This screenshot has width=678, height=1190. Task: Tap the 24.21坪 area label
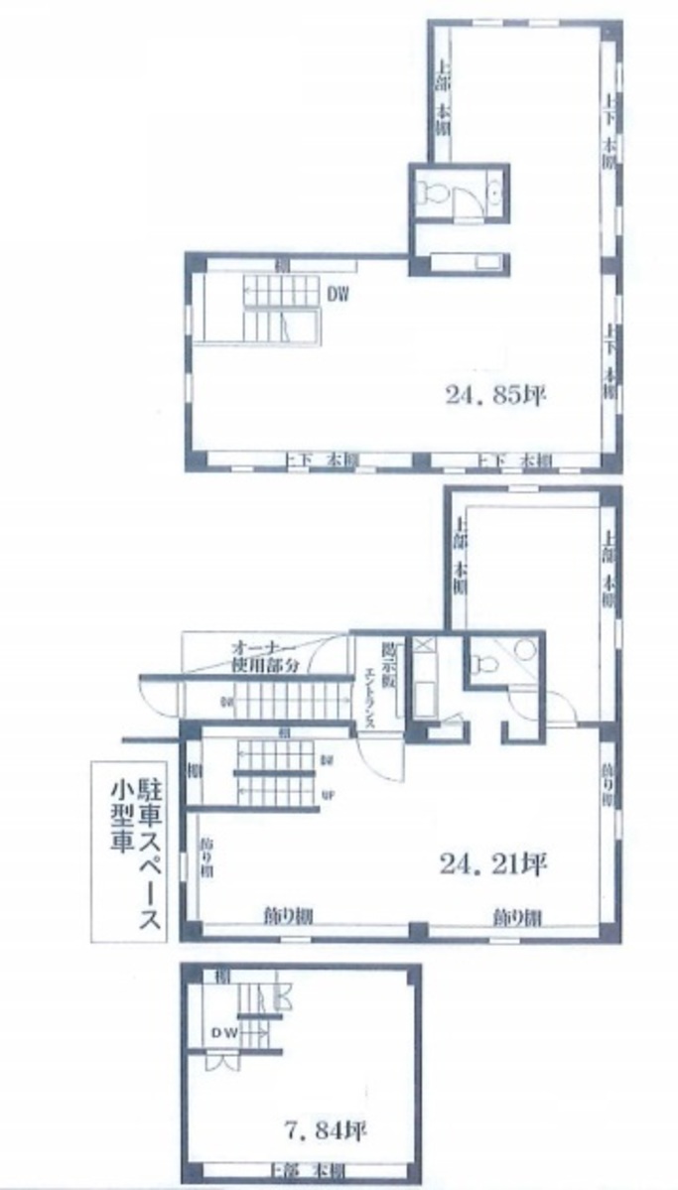click(x=493, y=863)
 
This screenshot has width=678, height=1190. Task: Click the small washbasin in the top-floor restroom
click(x=495, y=191)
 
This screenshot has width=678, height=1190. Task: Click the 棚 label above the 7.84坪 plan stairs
click(x=209, y=976)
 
